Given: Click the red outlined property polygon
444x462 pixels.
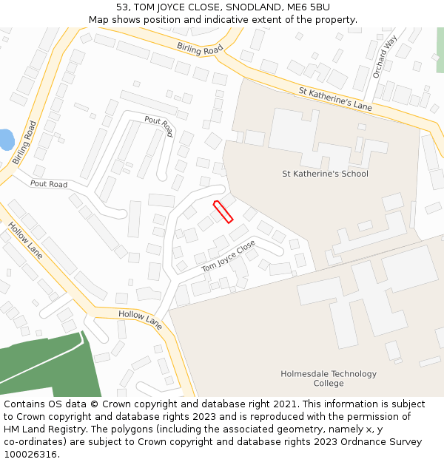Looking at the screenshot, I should tap(223, 211).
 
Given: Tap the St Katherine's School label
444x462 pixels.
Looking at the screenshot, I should tap(325, 174).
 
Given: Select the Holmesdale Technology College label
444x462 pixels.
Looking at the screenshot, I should tap(329, 378).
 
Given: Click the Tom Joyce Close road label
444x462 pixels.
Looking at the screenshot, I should tap(228, 255).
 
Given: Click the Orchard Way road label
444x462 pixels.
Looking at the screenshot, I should tap(385, 56).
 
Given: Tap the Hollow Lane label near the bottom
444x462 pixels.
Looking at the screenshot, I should tap(140, 319).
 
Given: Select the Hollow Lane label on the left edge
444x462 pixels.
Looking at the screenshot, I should tap(25, 241).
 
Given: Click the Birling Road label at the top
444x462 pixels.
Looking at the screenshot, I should tap(200, 48).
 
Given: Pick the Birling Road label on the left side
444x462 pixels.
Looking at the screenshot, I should tap(24, 143).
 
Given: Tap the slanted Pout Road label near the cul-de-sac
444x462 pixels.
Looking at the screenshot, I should tap(158, 126).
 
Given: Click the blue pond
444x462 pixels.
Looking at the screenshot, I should tap(6, 140).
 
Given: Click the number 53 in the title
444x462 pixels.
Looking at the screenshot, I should tap(122, 7).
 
